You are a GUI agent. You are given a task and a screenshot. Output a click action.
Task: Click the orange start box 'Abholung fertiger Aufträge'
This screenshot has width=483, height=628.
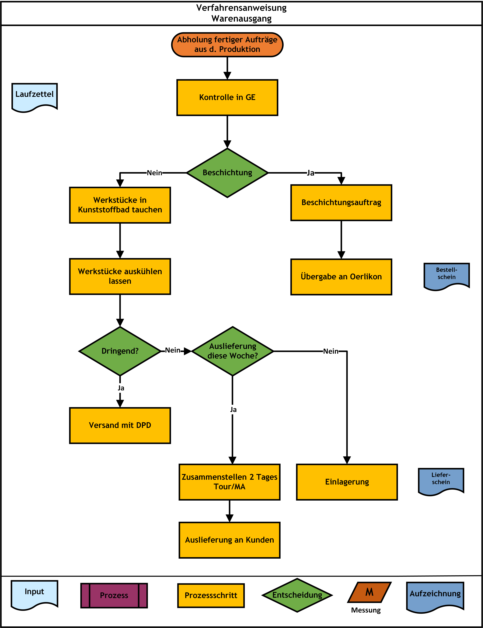[227, 45]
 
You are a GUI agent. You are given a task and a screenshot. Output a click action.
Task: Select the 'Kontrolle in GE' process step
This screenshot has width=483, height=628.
[227, 97]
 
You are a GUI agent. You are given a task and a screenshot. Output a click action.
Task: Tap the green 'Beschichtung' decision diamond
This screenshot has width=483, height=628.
[227, 173]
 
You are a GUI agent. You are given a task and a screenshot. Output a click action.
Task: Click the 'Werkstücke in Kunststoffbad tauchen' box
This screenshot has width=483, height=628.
[120, 205]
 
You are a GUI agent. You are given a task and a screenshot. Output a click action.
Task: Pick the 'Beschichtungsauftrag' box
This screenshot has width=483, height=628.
[341, 203]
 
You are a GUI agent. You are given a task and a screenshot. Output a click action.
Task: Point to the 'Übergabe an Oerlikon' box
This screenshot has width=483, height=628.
[341, 277]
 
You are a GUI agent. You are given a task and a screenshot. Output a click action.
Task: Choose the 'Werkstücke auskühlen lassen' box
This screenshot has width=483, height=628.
[120, 276]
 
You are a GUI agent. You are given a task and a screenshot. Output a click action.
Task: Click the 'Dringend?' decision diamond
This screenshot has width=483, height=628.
[120, 351]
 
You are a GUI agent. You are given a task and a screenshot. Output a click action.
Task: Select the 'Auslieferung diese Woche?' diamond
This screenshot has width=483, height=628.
[233, 351]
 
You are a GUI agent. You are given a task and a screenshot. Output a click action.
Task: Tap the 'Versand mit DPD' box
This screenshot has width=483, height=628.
[120, 425]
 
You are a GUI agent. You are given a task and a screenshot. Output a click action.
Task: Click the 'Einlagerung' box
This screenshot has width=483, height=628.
[347, 482]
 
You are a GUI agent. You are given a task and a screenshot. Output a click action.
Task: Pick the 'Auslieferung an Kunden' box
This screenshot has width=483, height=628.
[229, 540]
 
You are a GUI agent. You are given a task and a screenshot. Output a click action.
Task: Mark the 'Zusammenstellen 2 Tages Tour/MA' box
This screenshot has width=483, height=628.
[229, 482]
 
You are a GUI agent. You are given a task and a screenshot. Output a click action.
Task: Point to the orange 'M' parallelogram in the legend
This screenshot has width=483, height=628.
[369, 592]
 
